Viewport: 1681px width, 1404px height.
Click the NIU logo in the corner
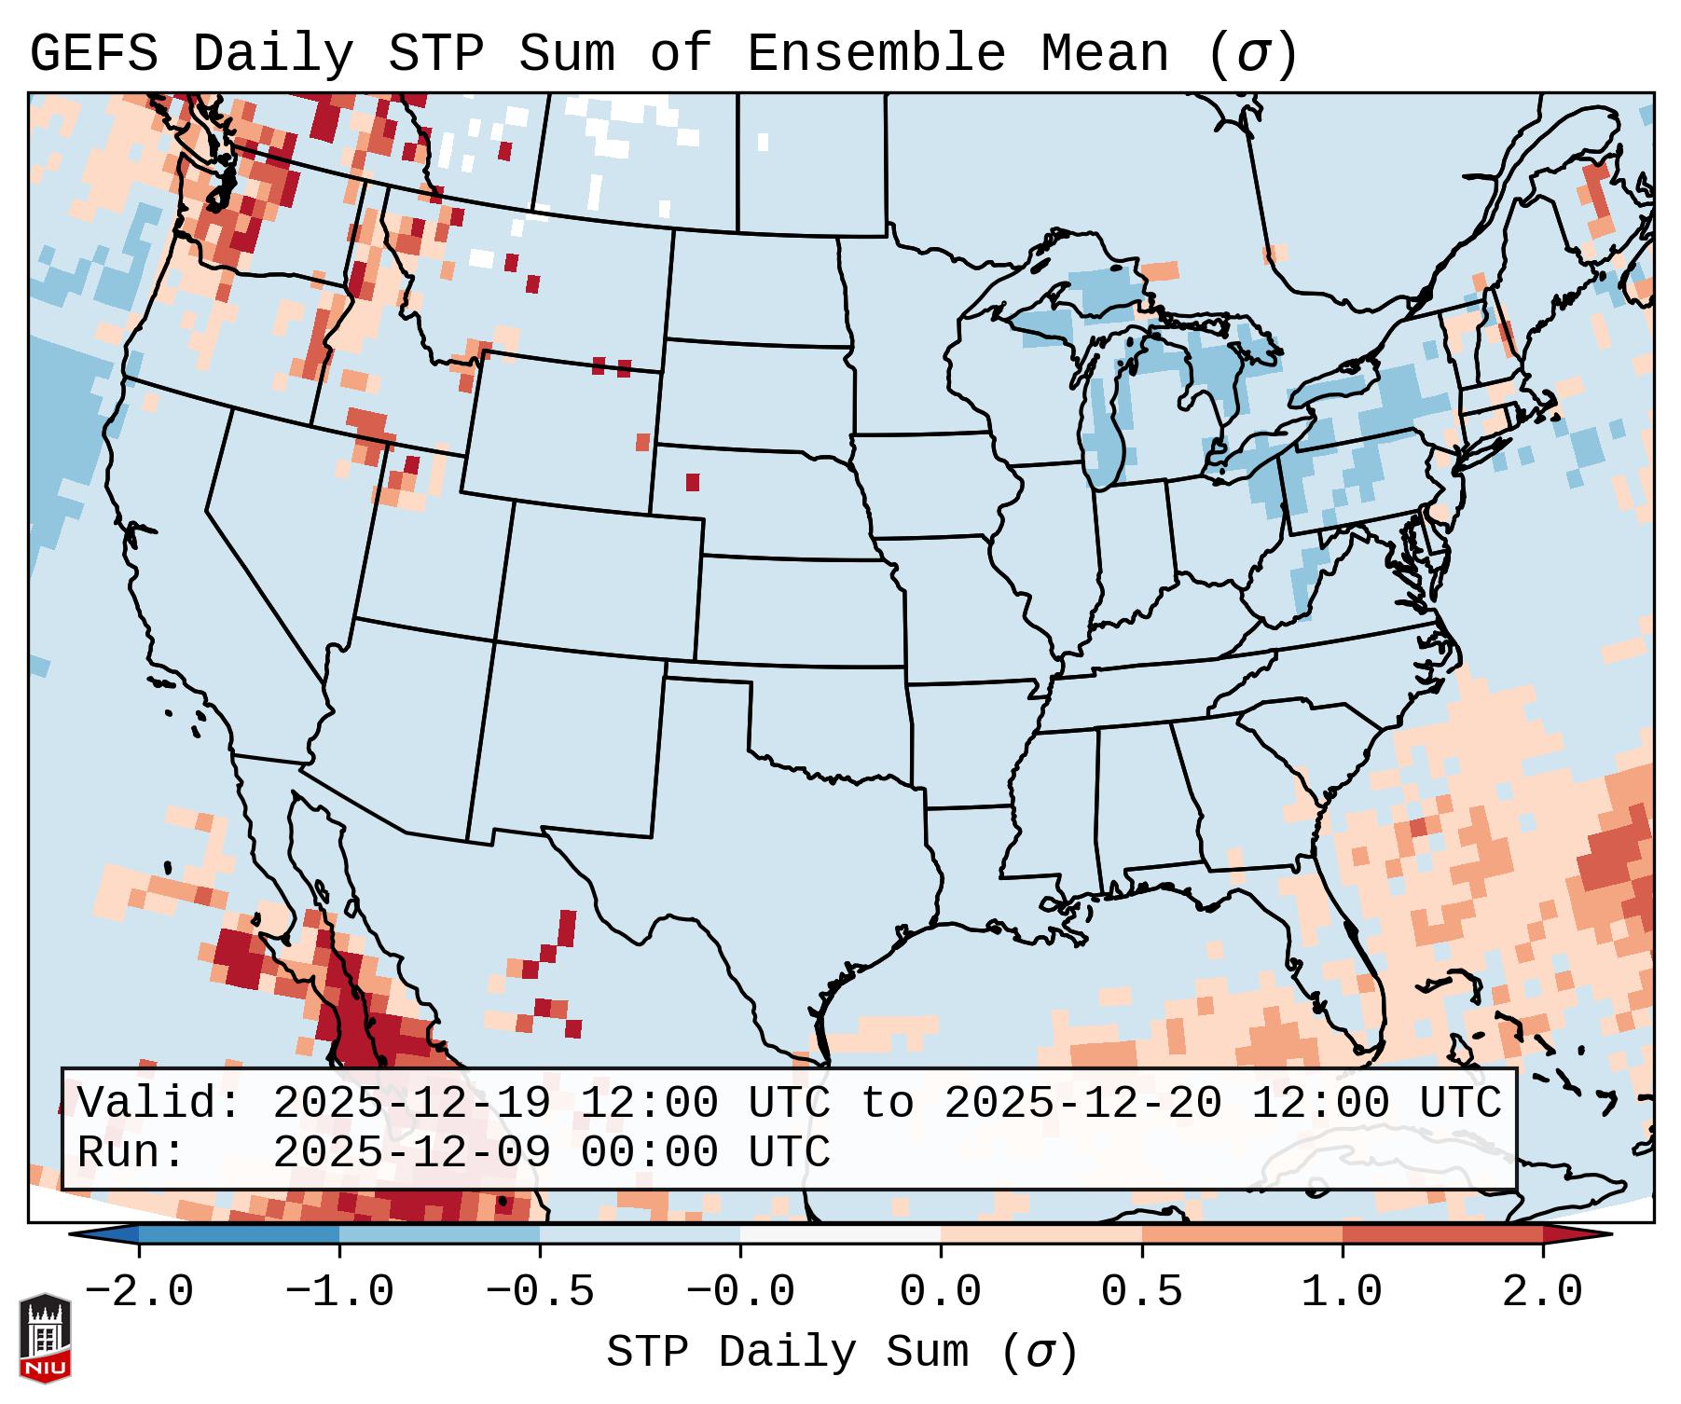(x=45, y=1339)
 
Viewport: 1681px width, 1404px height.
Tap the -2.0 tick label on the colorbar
(x=139, y=1292)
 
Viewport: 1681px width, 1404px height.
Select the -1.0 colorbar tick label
(x=339, y=1292)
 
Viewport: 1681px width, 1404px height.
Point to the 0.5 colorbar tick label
(x=1141, y=1292)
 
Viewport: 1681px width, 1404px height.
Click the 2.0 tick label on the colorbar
(x=1542, y=1292)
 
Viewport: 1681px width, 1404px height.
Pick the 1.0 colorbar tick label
(x=1342, y=1292)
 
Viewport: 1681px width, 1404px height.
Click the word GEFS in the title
(x=93, y=54)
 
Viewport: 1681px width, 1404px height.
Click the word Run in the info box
(x=131, y=1152)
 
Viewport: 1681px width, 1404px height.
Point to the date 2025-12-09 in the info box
(x=411, y=1152)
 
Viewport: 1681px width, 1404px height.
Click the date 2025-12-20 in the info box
(x=1082, y=1104)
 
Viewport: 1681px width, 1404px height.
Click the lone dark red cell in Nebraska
(x=693, y=482)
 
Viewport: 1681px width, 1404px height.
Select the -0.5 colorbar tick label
(x=540, y=1292)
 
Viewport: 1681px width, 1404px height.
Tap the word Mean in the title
(x=1104, y=54)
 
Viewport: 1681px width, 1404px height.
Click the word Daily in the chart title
(x=272, y=54)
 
